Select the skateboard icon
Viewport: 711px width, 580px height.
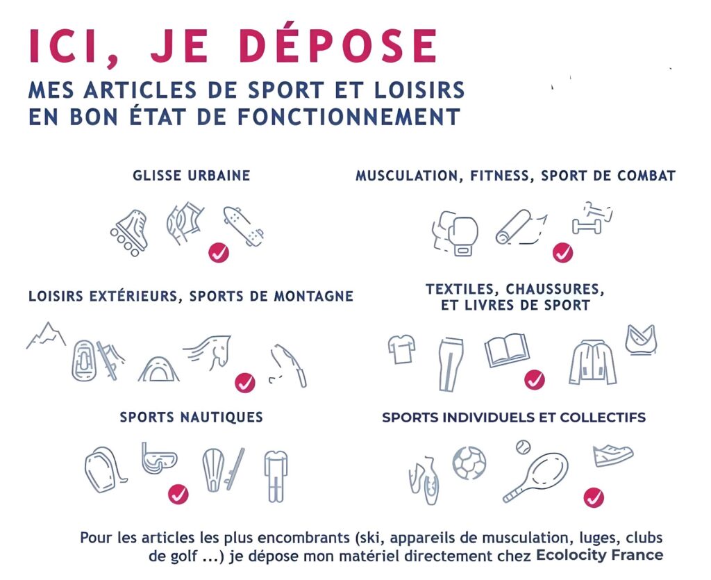244,226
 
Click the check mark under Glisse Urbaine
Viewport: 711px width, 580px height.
219,253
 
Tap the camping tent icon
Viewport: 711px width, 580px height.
158,368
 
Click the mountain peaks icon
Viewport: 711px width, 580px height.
46,335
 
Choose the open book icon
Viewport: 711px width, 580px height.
507,350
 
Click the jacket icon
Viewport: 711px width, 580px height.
593,363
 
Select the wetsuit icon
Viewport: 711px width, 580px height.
276,476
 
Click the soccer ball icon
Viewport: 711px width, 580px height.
469,463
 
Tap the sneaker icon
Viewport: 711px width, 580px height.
613,455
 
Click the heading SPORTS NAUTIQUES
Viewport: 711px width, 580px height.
192,417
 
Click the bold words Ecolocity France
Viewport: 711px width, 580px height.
600,555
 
